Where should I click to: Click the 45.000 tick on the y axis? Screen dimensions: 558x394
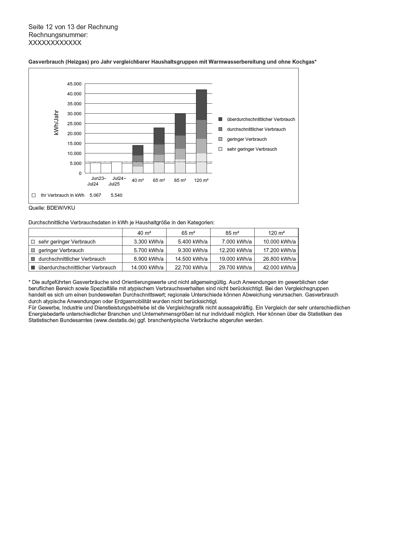[x=74, y=84]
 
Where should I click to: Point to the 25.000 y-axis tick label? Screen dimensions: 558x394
[x=74, y=124]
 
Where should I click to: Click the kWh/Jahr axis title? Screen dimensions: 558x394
[x=56, y=123]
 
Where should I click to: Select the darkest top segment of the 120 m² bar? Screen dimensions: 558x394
[x=201, y=105]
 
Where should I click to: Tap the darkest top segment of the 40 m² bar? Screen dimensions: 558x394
[x=138, y=150]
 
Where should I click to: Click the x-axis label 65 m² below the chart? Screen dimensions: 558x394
[x=159, y=180]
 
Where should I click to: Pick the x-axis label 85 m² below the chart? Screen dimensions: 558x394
[x=180, y=180]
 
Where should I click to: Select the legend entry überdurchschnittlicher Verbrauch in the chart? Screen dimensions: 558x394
[x=261, y=119]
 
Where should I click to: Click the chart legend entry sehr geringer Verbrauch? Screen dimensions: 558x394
[x=252, y=149]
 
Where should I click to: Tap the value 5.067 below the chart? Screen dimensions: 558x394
[x=95, y=195]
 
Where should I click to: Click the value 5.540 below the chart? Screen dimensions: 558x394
[x=117, y=195]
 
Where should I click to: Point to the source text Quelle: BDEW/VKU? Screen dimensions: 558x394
[x=52, y=208]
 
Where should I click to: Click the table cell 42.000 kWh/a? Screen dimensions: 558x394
[x=279, y=267]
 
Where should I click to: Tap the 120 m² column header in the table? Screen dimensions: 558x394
[x=276, y=233]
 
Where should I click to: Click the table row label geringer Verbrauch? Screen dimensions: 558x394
[x=61, y=250]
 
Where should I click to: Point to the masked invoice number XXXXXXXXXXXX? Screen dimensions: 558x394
[x=55, y=43]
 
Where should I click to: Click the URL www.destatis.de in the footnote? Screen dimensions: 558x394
[x=115, y=320]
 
